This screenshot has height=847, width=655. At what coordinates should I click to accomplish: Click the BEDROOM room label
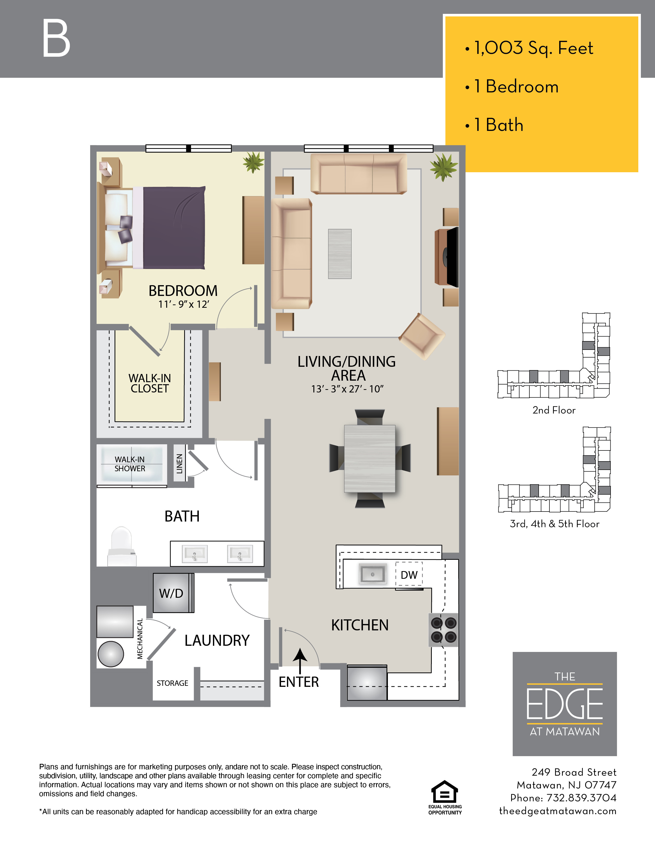[183, 291]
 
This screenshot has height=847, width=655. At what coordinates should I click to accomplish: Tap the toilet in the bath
[121, 546]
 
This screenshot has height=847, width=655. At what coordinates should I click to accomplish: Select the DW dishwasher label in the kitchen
[409, 575]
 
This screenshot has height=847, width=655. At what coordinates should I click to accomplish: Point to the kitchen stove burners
[444, 630]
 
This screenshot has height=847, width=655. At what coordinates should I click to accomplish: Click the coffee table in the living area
[340, 254]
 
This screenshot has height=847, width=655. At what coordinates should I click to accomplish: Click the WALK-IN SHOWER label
[130, 464]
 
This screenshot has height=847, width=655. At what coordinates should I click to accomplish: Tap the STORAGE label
[172, 683]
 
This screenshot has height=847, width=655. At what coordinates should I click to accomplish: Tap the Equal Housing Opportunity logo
[445, 798]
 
